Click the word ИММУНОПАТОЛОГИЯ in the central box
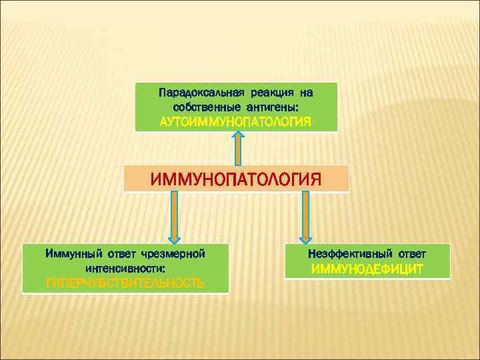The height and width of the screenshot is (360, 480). [x=236, y=179]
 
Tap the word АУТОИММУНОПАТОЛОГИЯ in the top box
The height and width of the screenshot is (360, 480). [x=236, y=122]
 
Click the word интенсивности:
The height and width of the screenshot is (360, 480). [x=125, y=269]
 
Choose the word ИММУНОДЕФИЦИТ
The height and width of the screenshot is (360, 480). [x=367, y=270]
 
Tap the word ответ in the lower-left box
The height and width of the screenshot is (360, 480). [x=119, y=253]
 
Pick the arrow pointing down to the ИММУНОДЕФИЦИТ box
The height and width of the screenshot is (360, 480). [x=306, y=217]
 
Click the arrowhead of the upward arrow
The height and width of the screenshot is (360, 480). [x=238, y=135]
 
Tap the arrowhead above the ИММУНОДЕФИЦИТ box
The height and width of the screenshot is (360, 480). [x=306, y=237]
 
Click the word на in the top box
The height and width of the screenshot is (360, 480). [x=306, y=91]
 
